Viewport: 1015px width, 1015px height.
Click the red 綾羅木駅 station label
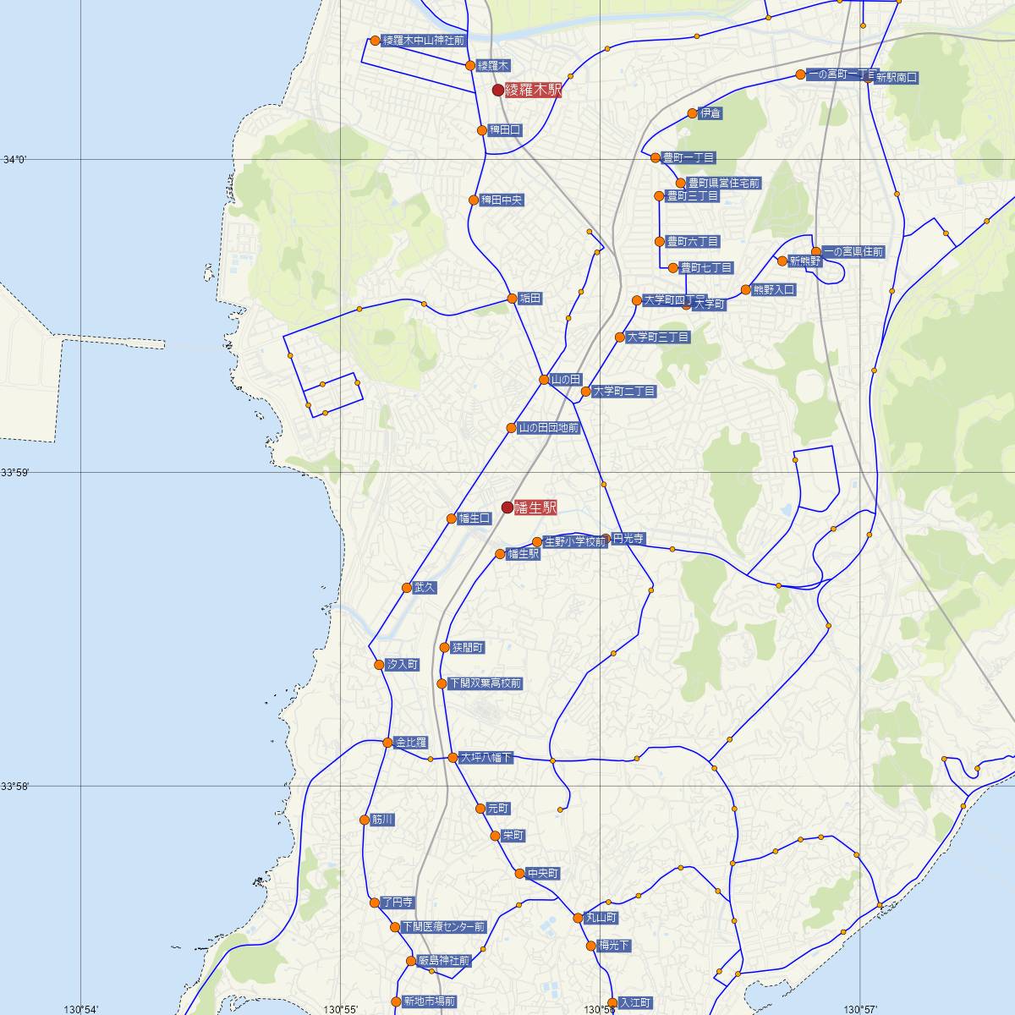pyautogui.click(x=533, y=90)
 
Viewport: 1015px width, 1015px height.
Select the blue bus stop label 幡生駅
pyautogui.click(x=524, y=555)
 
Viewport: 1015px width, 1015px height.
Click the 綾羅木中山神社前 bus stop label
pyautogui.click(x=424, y=41)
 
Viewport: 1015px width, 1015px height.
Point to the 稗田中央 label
pyautogui.click(x=502, y=200)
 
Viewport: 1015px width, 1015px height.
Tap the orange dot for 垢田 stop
pyautogui.click(x=513, y=299)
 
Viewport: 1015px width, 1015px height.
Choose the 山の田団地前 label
pyautogui.click(x=548, y=428)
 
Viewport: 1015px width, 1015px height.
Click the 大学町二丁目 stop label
pyautogui.click(x=623, y=392)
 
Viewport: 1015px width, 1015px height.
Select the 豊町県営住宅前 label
pyautogui.click(x=723, y=183)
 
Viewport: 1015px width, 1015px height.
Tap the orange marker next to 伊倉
pyautogui.click(x=692, y=113)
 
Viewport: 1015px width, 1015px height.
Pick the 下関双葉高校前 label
pyautogui.click(x=486, y=683)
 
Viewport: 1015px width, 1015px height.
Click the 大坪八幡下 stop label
pyautogui.click(x=486, y=758)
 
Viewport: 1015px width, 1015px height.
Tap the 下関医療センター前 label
pyautogui.click(x=443, y=927)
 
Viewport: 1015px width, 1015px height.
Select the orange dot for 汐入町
pyautogui.click(x=380, y=665)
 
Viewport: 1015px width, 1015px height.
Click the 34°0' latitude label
pyautogui.click(x=15, y=159)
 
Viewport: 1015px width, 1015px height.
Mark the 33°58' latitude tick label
pyautogui.click(x=15, y=787)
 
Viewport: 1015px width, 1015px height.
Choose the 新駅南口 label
pyautogui.click(x=896, y=78)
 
